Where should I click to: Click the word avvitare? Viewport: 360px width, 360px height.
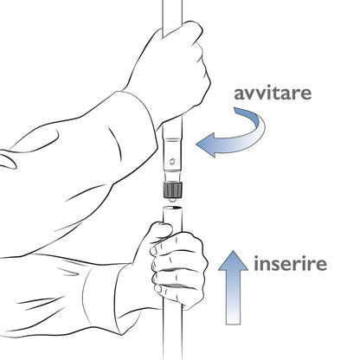pos(273,93)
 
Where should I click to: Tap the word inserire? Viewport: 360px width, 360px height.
pos(290,264)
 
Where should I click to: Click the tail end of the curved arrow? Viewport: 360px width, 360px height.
pos(236,110)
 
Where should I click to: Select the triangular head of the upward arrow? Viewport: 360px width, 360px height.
pos(233,262)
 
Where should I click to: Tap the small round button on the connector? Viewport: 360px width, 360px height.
pos(172,161)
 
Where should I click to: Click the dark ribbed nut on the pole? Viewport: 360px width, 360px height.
pos(172,190)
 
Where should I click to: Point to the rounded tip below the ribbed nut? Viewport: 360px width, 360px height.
pos(172,200)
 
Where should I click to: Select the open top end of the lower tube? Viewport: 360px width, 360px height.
pos(172,208)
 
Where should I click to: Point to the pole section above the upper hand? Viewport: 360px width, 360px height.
pos(172,15)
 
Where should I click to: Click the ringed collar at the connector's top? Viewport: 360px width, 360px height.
pos(172,140)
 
